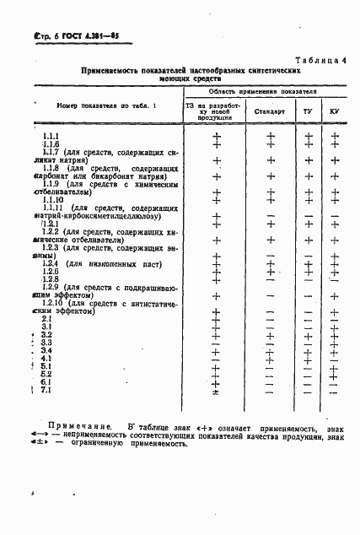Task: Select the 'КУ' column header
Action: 334,111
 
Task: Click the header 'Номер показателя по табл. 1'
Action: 90,106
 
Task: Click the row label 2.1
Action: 47,320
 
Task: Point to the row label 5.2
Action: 47,374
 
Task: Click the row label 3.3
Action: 47,343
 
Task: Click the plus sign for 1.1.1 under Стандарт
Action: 271,136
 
